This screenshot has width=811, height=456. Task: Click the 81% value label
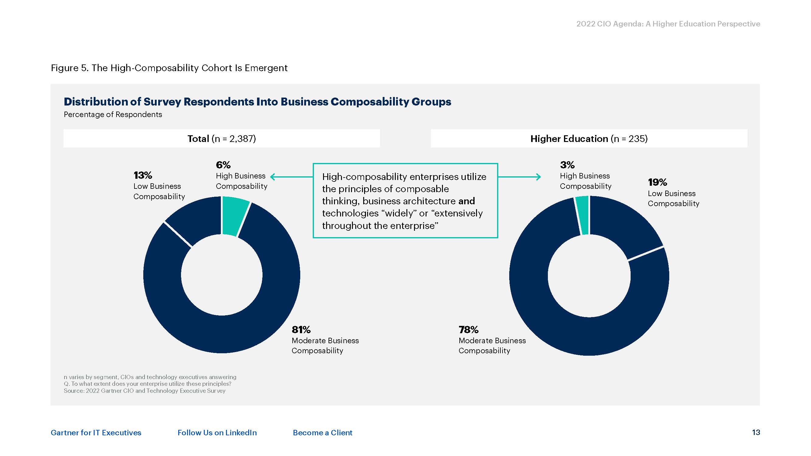coord(301,330)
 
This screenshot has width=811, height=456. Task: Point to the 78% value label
coord(468,330)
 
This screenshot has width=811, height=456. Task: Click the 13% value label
coord(143,175)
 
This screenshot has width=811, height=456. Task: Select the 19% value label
coord(657,182)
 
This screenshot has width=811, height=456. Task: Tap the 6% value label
coord(223,164)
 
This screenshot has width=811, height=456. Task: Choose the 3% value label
coord(567,164)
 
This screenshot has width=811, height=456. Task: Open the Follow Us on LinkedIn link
coord(217,433)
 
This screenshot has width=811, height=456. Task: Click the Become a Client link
coord(322,433)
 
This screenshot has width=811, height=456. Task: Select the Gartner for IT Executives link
coord(96,433)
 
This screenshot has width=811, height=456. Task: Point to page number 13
coord(756,432)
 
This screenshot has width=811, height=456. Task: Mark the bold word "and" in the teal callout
coord(467,201)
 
